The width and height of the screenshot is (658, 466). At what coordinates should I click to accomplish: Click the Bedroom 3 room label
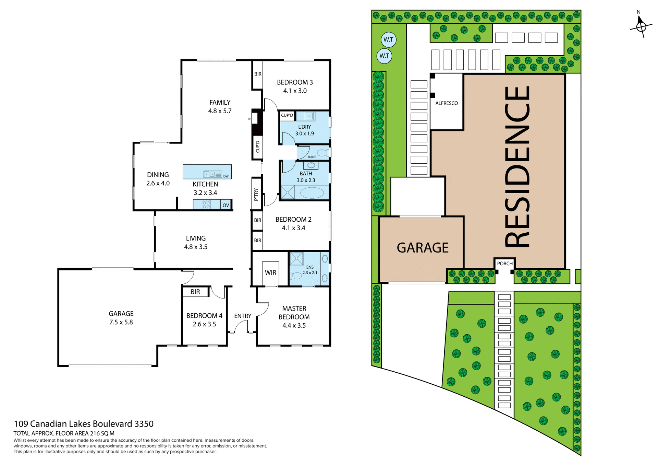[x=295, y=83]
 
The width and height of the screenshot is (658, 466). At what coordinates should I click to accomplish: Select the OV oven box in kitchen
[x=226, y=205]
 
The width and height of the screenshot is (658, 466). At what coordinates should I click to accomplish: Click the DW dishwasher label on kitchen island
[x=226, y=176]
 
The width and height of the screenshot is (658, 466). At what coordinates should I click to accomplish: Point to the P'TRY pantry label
[x=256, y=194]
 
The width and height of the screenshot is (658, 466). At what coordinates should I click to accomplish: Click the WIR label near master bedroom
[x=270, y=272]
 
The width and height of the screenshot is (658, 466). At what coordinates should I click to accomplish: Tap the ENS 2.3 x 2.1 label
[x=310, y=270]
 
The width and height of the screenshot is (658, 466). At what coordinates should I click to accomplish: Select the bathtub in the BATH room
[x=312, y=193]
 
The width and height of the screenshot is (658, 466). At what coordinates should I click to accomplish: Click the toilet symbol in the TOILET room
[x=322, y=153]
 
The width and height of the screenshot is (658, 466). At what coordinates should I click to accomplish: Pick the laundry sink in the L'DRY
[x=309, y=116]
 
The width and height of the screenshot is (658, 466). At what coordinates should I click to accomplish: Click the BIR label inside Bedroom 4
[x=195, y=292]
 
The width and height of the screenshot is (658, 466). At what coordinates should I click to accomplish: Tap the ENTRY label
[x=243, y=316]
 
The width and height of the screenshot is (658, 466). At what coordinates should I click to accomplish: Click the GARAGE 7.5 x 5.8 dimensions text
[x=121, y=322]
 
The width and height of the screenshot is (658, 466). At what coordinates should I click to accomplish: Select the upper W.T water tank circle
[x=388, y=39]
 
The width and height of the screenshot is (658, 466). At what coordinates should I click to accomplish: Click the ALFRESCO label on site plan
[x=447, y=103]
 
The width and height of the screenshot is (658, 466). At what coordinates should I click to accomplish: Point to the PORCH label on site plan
[x=505, y=264]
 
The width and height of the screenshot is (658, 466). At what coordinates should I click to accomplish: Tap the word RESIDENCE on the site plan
[x=517, y=166]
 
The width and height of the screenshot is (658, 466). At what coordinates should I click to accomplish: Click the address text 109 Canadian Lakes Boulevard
[x=84, y=424]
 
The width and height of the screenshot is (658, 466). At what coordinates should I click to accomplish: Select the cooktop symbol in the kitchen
[x=206, y=205]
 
